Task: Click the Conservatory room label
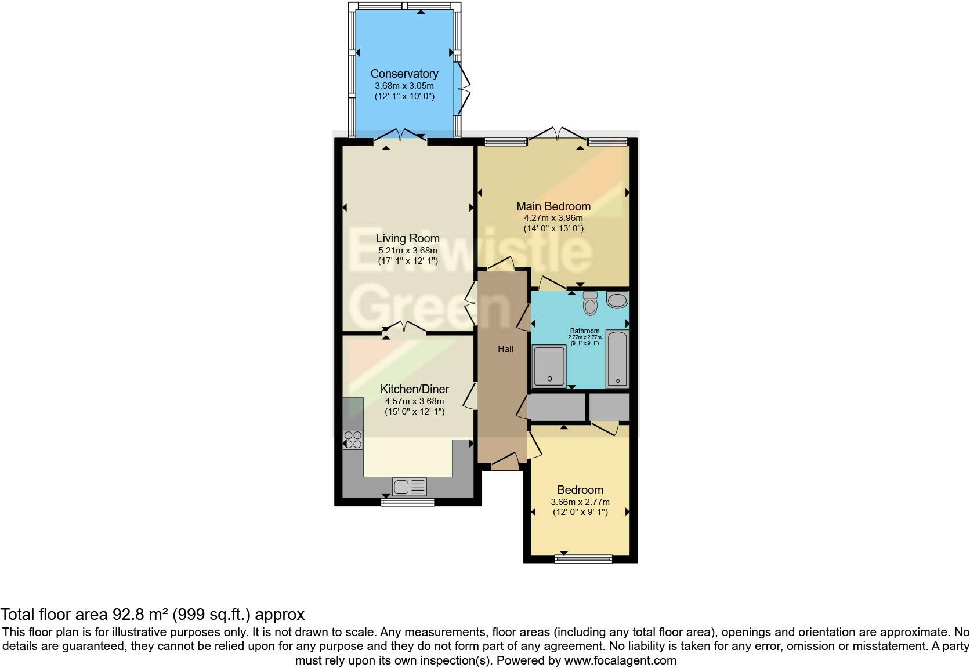(x=404, y=74)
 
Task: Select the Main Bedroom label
(x=553, y=206)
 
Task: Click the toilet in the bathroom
(x=590, y=303)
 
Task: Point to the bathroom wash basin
(x=617, y=300)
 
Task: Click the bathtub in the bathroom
(x=617, y=359)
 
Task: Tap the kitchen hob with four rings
(x=353, y=440)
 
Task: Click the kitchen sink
(x=410, y=487)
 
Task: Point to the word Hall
(x=505, y=349)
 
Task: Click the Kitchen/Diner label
(x=414, y=389)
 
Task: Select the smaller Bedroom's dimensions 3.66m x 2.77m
(x=580, y=502)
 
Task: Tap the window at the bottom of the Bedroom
(x=583, y=559)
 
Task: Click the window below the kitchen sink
(x=407, y=502)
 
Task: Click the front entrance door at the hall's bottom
(x=505, y=462)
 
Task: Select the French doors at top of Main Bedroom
(x=557, y=135)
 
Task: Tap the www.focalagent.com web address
(x=620, y=660)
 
